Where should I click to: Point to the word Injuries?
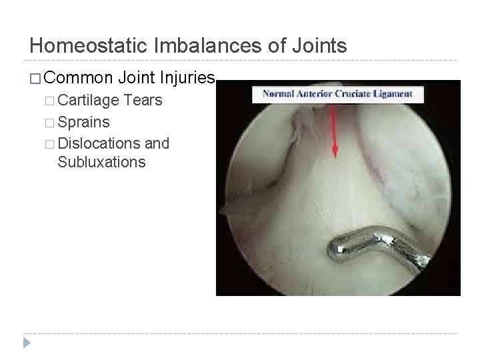187,79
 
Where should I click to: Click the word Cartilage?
88,101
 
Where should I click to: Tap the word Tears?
143,101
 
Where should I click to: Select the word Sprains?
84,123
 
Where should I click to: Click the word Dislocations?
99,143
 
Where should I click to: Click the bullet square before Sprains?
51,123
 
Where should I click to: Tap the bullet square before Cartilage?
51,102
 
